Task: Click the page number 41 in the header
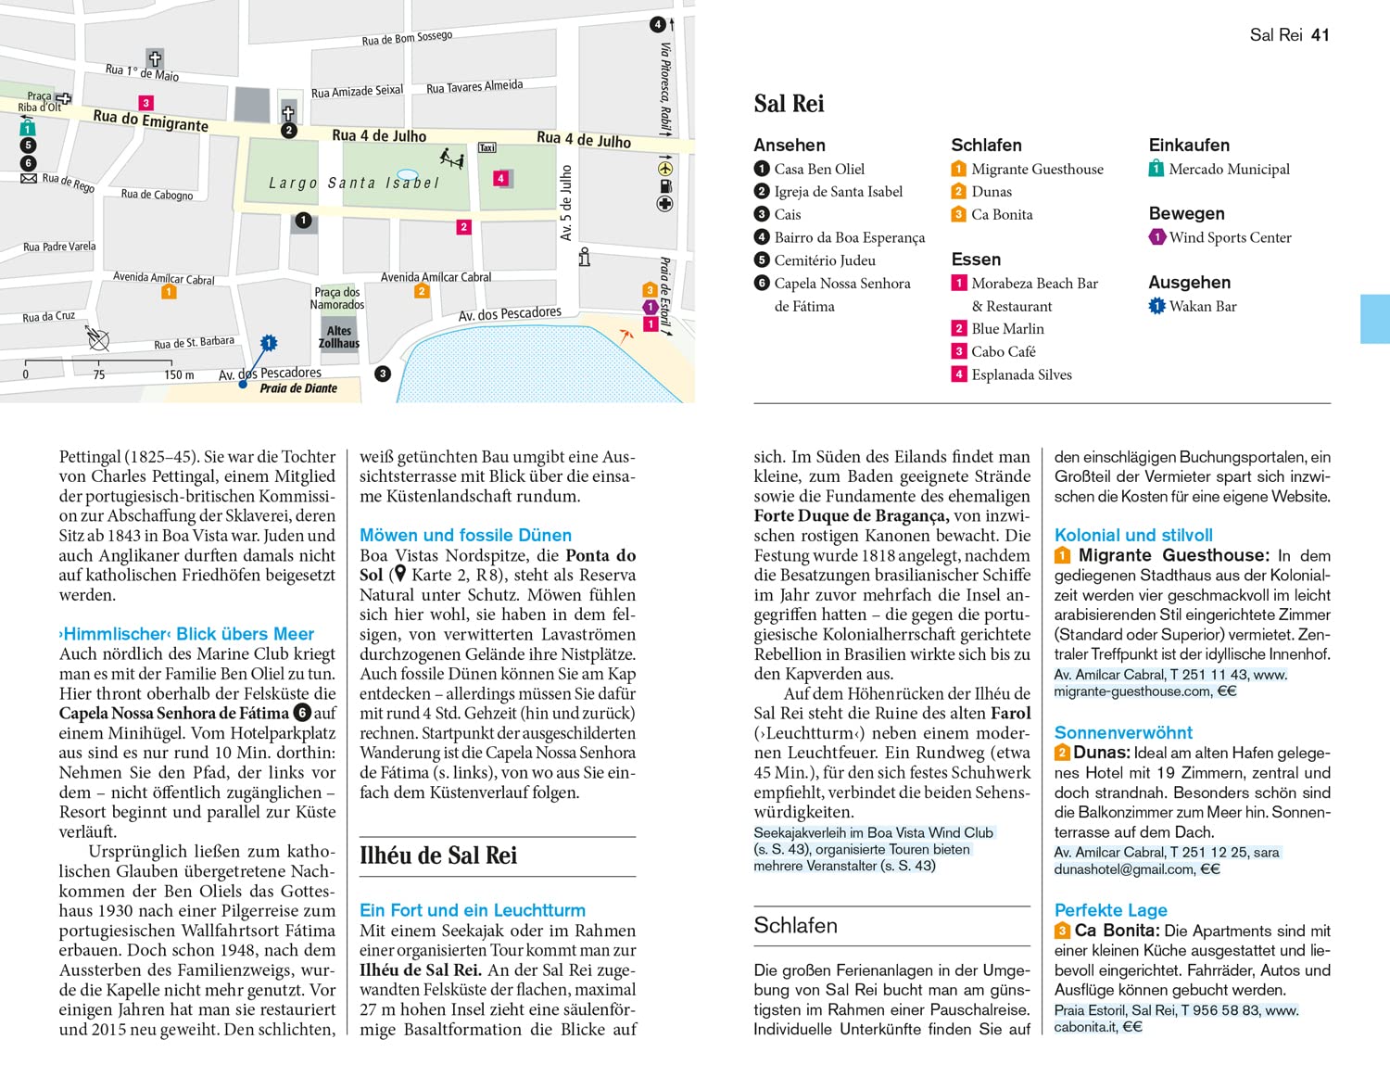click(1320, 35)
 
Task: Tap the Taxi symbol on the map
click(487, 148)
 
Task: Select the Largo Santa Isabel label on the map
click(353, 184)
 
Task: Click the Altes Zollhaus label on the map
click(338, 336)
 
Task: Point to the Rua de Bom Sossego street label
click(407, 38)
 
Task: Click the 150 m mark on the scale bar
click(179, 374)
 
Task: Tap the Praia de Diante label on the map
click(298, 388)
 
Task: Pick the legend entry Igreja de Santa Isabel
click(838, 192)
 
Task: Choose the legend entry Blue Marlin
click(1007, 329)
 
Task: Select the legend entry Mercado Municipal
click(1229, 169)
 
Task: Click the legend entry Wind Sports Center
click(1230, 237)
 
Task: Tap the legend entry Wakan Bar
click(1203, 306)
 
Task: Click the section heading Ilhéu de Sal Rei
click(438, 856)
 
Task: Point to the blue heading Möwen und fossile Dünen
click(465, 535)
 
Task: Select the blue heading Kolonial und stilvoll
click(1133, 535)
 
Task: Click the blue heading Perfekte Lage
click(1110, 910)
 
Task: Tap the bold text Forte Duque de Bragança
click(851, 515)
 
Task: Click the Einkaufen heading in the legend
click(1189, 146)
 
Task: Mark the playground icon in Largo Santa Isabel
click(451, 158)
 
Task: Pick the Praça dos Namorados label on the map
click(337, 298)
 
